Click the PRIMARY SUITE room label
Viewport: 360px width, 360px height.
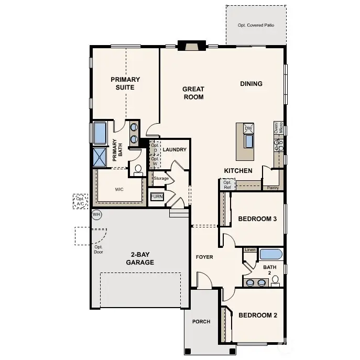tap(125, 83)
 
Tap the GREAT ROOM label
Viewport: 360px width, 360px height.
tap(193, 93)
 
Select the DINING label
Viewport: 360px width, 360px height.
tap(251, 84)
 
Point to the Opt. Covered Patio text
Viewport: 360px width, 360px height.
tap(256, 25)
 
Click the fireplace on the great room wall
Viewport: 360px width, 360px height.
tap(190, 46)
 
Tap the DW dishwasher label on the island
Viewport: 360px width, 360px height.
tap(249, 128)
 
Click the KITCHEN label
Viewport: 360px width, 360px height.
tap(238, 171)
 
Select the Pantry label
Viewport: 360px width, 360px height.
tap(272, 187)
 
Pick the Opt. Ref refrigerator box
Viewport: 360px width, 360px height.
tap(227, 184)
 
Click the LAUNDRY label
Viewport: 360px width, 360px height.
tap(174, 150)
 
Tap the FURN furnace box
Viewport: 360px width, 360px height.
tap(157, 197)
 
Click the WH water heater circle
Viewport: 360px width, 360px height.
tap(96, 214)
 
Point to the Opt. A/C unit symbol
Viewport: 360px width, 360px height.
tap(80, 201)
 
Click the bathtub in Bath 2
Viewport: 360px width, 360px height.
tap(271, 255)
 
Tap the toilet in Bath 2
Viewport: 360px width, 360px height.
tap(276, 281)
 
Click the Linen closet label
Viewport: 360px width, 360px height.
tap(250, 250)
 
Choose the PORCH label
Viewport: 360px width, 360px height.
tap(202, 322)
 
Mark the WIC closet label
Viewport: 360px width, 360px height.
tap(119, 190)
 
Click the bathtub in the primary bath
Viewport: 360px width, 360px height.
tap(100, 133)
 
